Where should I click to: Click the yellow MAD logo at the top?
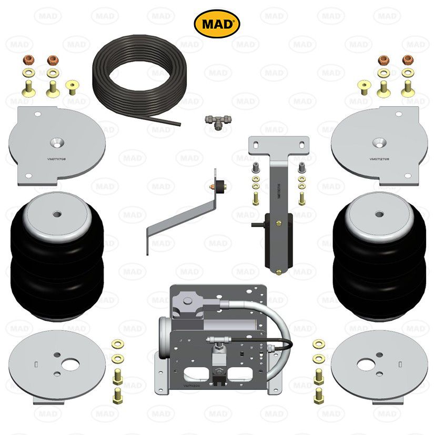(217, 24)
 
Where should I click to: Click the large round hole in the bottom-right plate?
(367, 363)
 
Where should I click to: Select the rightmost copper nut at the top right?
(408, 59)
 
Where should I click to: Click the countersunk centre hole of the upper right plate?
(378, 142)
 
